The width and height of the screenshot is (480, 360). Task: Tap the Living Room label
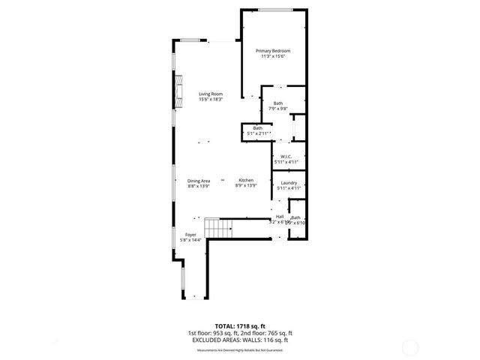(x=211, y=94)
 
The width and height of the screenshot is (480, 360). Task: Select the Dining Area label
(x=199, y=180)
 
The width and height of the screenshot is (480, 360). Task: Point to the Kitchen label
(x=246, y=180)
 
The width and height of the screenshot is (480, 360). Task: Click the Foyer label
(x=191, y=235)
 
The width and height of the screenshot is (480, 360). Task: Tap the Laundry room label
(x=289, y=183)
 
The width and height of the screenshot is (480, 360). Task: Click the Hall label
(x=279, y=217)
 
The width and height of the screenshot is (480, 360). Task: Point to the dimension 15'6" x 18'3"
(x=211, y=100)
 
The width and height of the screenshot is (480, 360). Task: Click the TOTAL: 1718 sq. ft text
(x=239, y=326)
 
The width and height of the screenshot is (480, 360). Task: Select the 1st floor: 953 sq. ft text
(x=213, y=333)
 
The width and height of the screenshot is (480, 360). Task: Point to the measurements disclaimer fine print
(x=239, y=349)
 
